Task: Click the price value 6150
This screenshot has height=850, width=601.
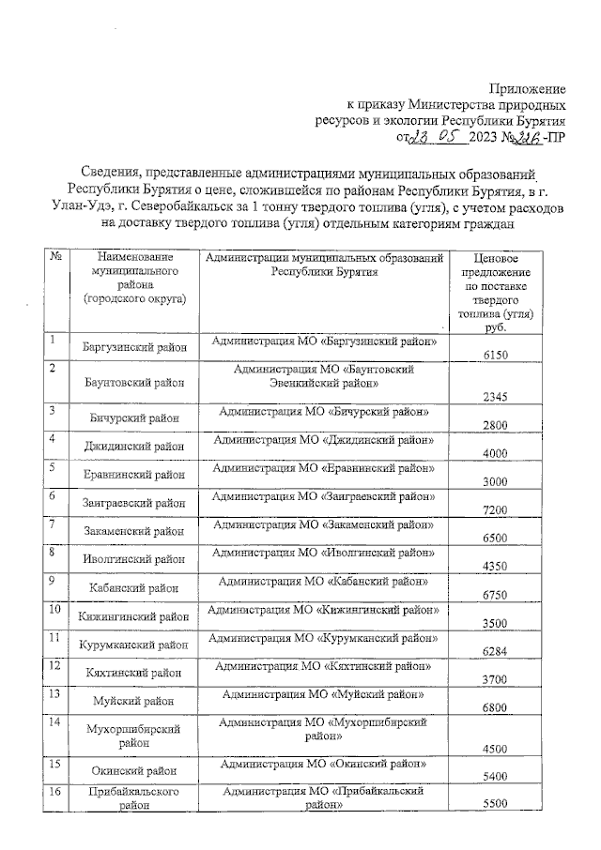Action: tap(494, 356)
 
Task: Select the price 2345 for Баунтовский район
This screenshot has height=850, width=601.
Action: tap(494, 397)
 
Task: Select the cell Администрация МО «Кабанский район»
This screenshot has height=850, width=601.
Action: tap(323, 581)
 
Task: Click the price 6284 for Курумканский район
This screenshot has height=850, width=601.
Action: tap(494, 652)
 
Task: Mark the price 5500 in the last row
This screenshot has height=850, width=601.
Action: tap(494, 806)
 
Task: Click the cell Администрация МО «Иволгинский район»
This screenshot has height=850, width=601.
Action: tap(323, 554)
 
